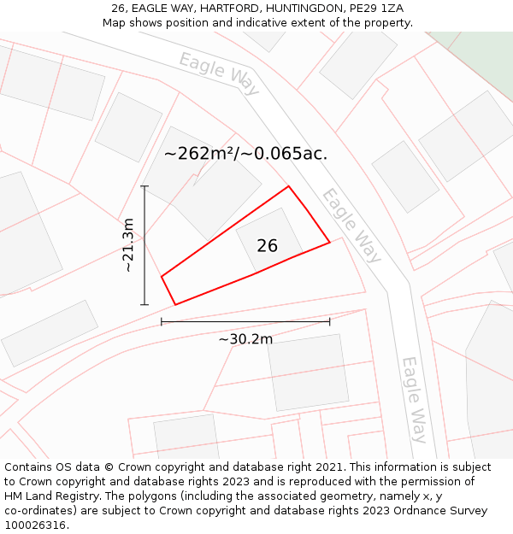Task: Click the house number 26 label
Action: tap(267, 246)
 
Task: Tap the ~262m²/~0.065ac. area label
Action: tap(245, 154)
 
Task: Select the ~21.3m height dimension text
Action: tap(129, 245)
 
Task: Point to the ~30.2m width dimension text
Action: tap(245, 339)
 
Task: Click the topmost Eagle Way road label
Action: tap(219, 72)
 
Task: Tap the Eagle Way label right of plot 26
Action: tap(351, 225)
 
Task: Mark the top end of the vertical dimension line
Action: tap(144, 186)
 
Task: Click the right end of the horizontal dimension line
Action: tap(329, 322)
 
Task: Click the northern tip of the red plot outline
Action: tap(288, 186)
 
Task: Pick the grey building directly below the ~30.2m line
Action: tap(309, 372)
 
